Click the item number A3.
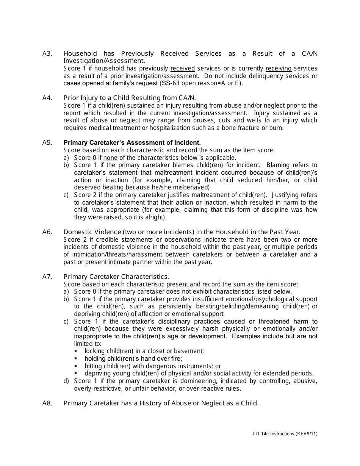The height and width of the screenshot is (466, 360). (x=47, y=54)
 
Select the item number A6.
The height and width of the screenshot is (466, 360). (x=47, y=232)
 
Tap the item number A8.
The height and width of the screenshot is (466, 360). (x=47, y=403)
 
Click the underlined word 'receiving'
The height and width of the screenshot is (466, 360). (x=279, y=69)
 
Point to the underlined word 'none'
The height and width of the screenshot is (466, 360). (x=110, y=158)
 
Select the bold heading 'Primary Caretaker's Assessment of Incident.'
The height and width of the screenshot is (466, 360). (x=132, y=142)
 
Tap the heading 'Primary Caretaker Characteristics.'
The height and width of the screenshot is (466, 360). (x=116, y=277)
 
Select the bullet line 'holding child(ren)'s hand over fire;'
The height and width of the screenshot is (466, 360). (x=133, y=358)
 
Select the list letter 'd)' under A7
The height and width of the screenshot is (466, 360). (x=66, y=381)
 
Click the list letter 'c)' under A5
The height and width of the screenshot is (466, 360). (x=66, y=195)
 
